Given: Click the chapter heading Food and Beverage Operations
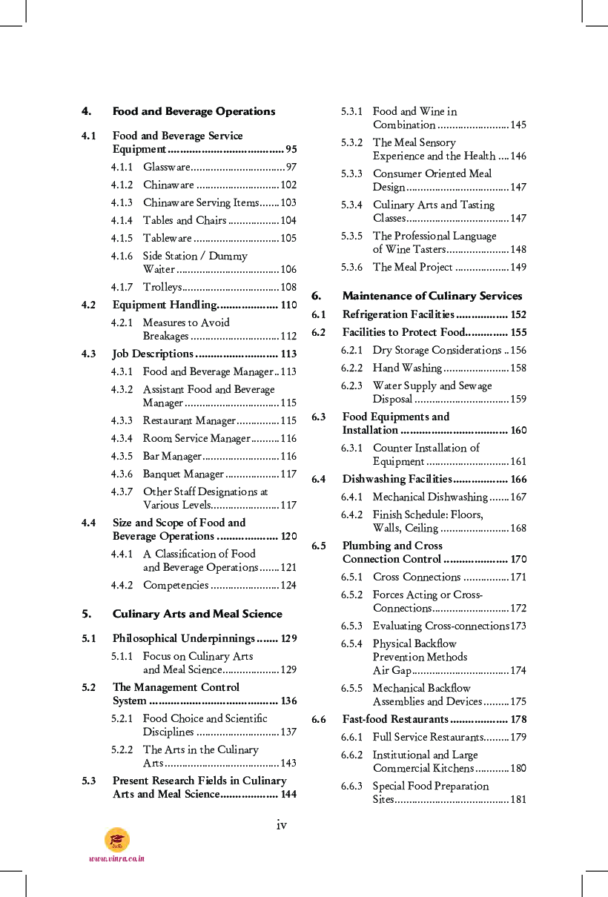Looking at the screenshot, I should coord(194,112).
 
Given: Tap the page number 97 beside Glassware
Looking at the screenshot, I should coord(291,168).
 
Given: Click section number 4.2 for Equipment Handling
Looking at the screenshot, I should coord(88,305).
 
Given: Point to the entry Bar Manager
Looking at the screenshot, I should coord(172,457).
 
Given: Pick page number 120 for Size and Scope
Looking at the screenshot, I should coord(288,537).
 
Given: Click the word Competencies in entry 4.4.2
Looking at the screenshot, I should coord(176,586).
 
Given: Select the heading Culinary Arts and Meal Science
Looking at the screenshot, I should coord(197,615).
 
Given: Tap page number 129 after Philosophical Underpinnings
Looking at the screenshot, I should coord(288,639).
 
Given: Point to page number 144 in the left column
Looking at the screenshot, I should coord(288,795).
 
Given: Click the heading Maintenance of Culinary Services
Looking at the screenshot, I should coord(432,297).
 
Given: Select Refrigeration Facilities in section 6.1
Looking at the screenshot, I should coord(397,315).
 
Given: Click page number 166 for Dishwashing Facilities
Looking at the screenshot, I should coord(518,480).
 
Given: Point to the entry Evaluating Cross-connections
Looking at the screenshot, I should coord(440,626).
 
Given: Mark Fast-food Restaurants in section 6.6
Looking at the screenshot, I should coord(395,720).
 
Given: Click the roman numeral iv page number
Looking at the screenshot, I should coord(282,825).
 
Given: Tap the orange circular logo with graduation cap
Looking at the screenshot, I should coord(117,839).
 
